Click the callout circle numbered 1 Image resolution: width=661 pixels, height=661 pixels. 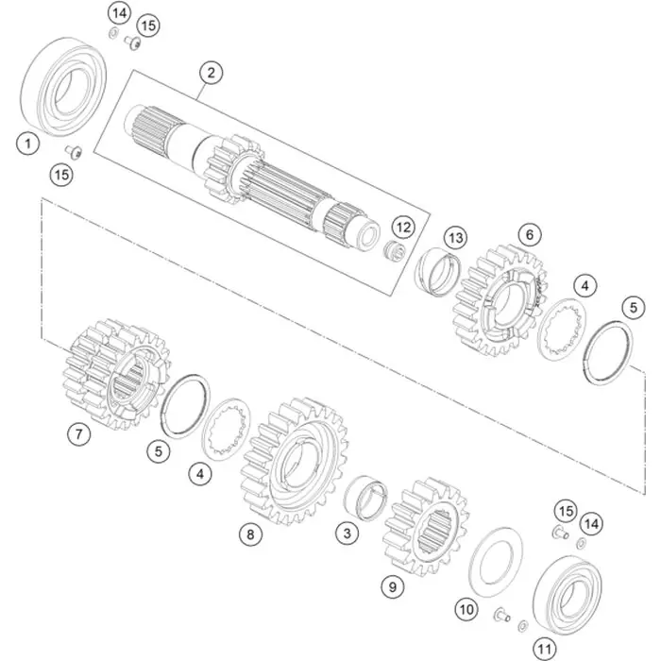(x=27, y=144)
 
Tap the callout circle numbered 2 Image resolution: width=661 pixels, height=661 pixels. (x=211, y=73)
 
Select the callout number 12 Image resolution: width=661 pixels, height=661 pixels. (x=403, y=228)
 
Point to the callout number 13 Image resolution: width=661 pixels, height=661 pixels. (x=456, y=238)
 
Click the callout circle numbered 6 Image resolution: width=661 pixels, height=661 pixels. (x=530, y=234)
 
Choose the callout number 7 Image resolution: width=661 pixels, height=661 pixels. (x=79, y=433)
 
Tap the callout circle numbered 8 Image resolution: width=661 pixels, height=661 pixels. (x=250, y=534)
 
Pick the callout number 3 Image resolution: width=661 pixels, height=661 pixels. (x=347, y=534)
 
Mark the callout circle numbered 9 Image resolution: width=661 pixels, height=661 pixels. (x=393, y=586)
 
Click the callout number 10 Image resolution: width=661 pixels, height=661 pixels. (x=466, y=610)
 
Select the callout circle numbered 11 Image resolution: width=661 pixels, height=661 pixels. (x=544, y=649)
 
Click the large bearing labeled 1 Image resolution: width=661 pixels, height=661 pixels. (x=63, y=87)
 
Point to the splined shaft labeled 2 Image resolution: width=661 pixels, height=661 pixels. (x=252, y=178)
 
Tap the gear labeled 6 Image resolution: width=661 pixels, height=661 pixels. (x=500, y=300)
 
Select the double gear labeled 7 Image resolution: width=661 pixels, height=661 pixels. (x=116, y=374)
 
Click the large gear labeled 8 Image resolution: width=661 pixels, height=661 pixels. (x=295, y=461)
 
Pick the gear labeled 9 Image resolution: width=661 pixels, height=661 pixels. (x=426, y=527)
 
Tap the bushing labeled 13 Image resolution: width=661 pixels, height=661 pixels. (x=438, y=272)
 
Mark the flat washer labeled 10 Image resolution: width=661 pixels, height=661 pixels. (x=496, y=563)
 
